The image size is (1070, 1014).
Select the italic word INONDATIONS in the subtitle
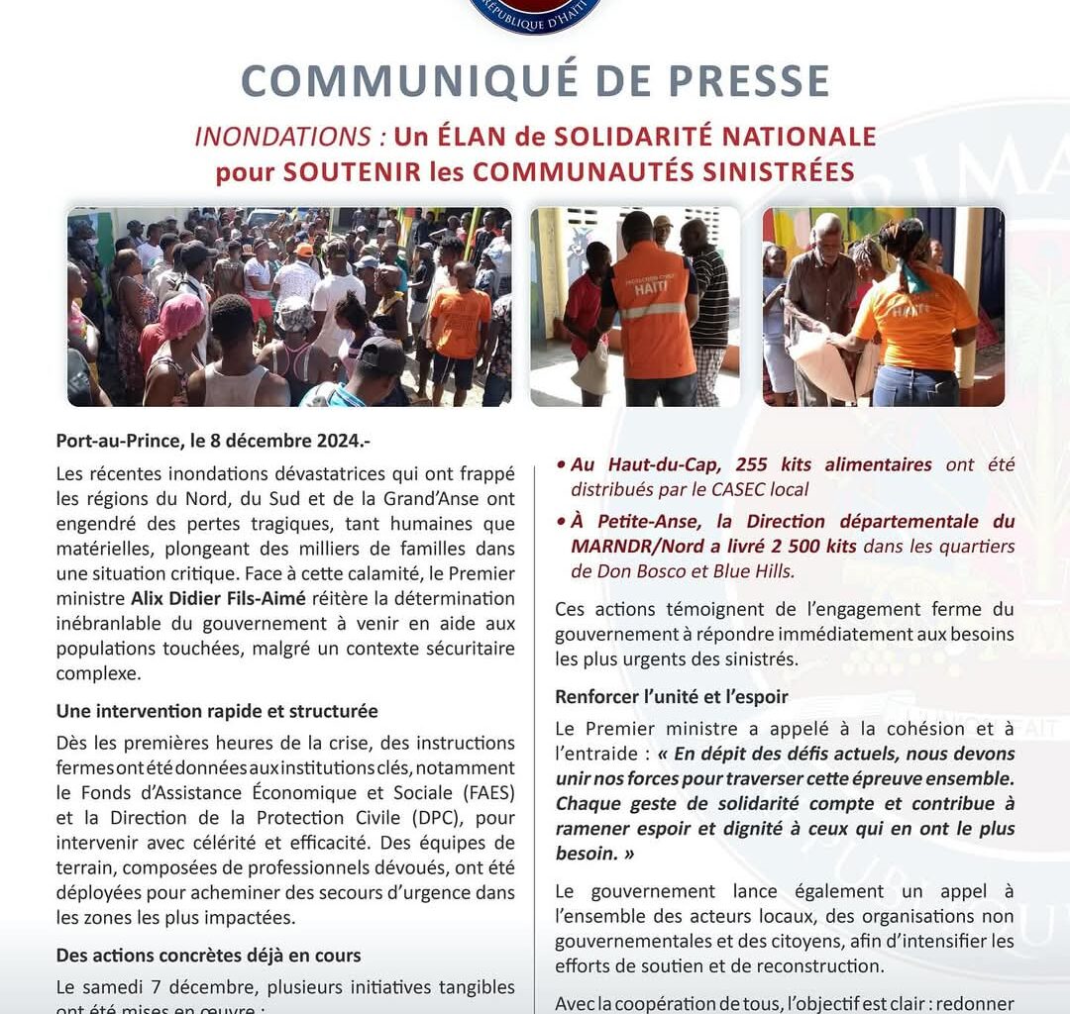point(282,136)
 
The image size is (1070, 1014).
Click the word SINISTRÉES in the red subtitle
point(768,171)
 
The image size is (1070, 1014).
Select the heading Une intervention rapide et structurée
point(217,711)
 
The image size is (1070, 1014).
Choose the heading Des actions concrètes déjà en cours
point(208,956)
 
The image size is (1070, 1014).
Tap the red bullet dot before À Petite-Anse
point(561,522)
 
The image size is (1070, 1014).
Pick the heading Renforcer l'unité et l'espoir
point(672,696)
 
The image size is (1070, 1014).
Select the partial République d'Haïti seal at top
point(535,15)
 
